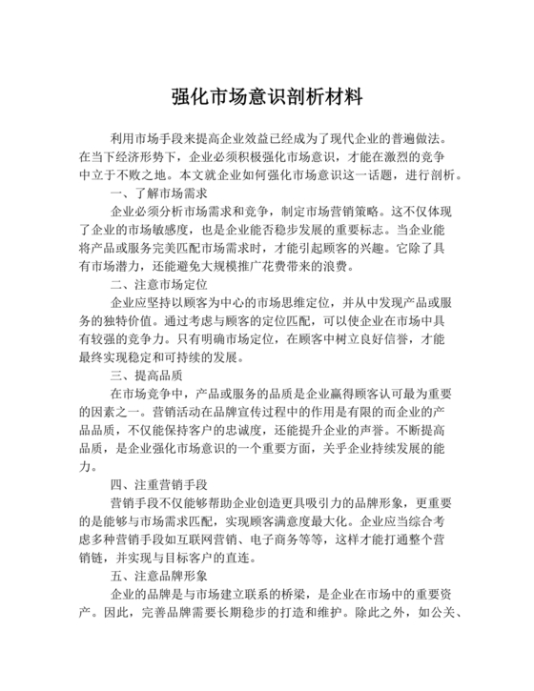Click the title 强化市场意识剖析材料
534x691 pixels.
267,96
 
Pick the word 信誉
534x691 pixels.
372,340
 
